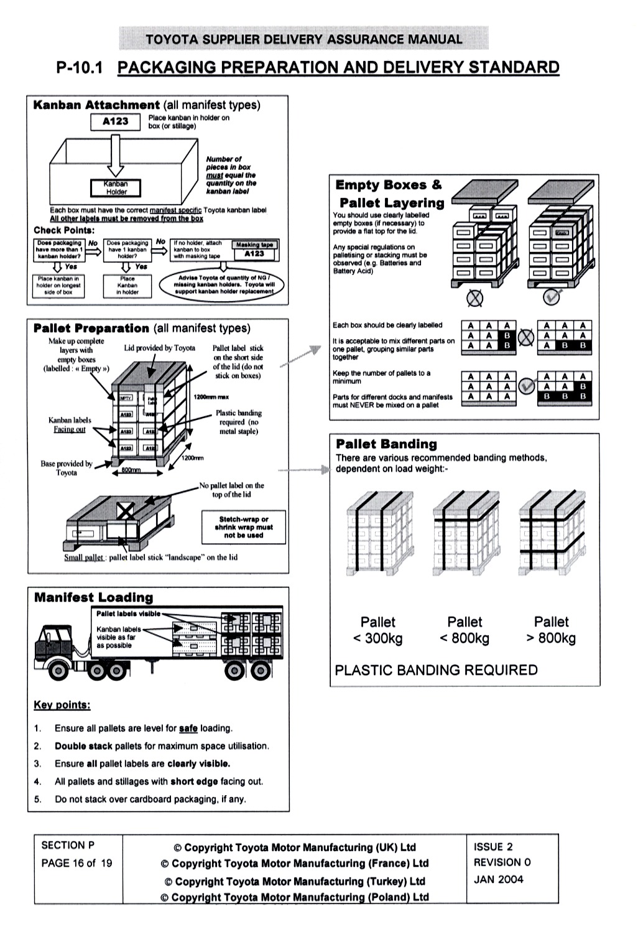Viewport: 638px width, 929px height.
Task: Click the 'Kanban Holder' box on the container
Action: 116,188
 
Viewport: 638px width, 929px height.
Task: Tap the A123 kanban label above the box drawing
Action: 115,121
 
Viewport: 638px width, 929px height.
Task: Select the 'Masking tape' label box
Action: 254,245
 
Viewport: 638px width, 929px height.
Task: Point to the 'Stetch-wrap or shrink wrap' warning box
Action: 243,527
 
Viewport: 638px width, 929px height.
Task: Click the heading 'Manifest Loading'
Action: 93,597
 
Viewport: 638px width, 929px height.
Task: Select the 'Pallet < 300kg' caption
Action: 377,630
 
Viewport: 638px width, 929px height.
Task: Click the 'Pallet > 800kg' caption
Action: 551,630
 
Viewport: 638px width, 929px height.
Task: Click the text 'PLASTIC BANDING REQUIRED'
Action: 436,670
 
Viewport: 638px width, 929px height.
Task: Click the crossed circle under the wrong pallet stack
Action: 474,299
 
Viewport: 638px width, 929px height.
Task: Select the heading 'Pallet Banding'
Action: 386,444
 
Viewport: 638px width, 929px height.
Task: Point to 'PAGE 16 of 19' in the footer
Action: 76,863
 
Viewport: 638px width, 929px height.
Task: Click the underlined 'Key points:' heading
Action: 62,705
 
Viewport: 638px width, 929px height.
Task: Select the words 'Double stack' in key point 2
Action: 83,746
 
